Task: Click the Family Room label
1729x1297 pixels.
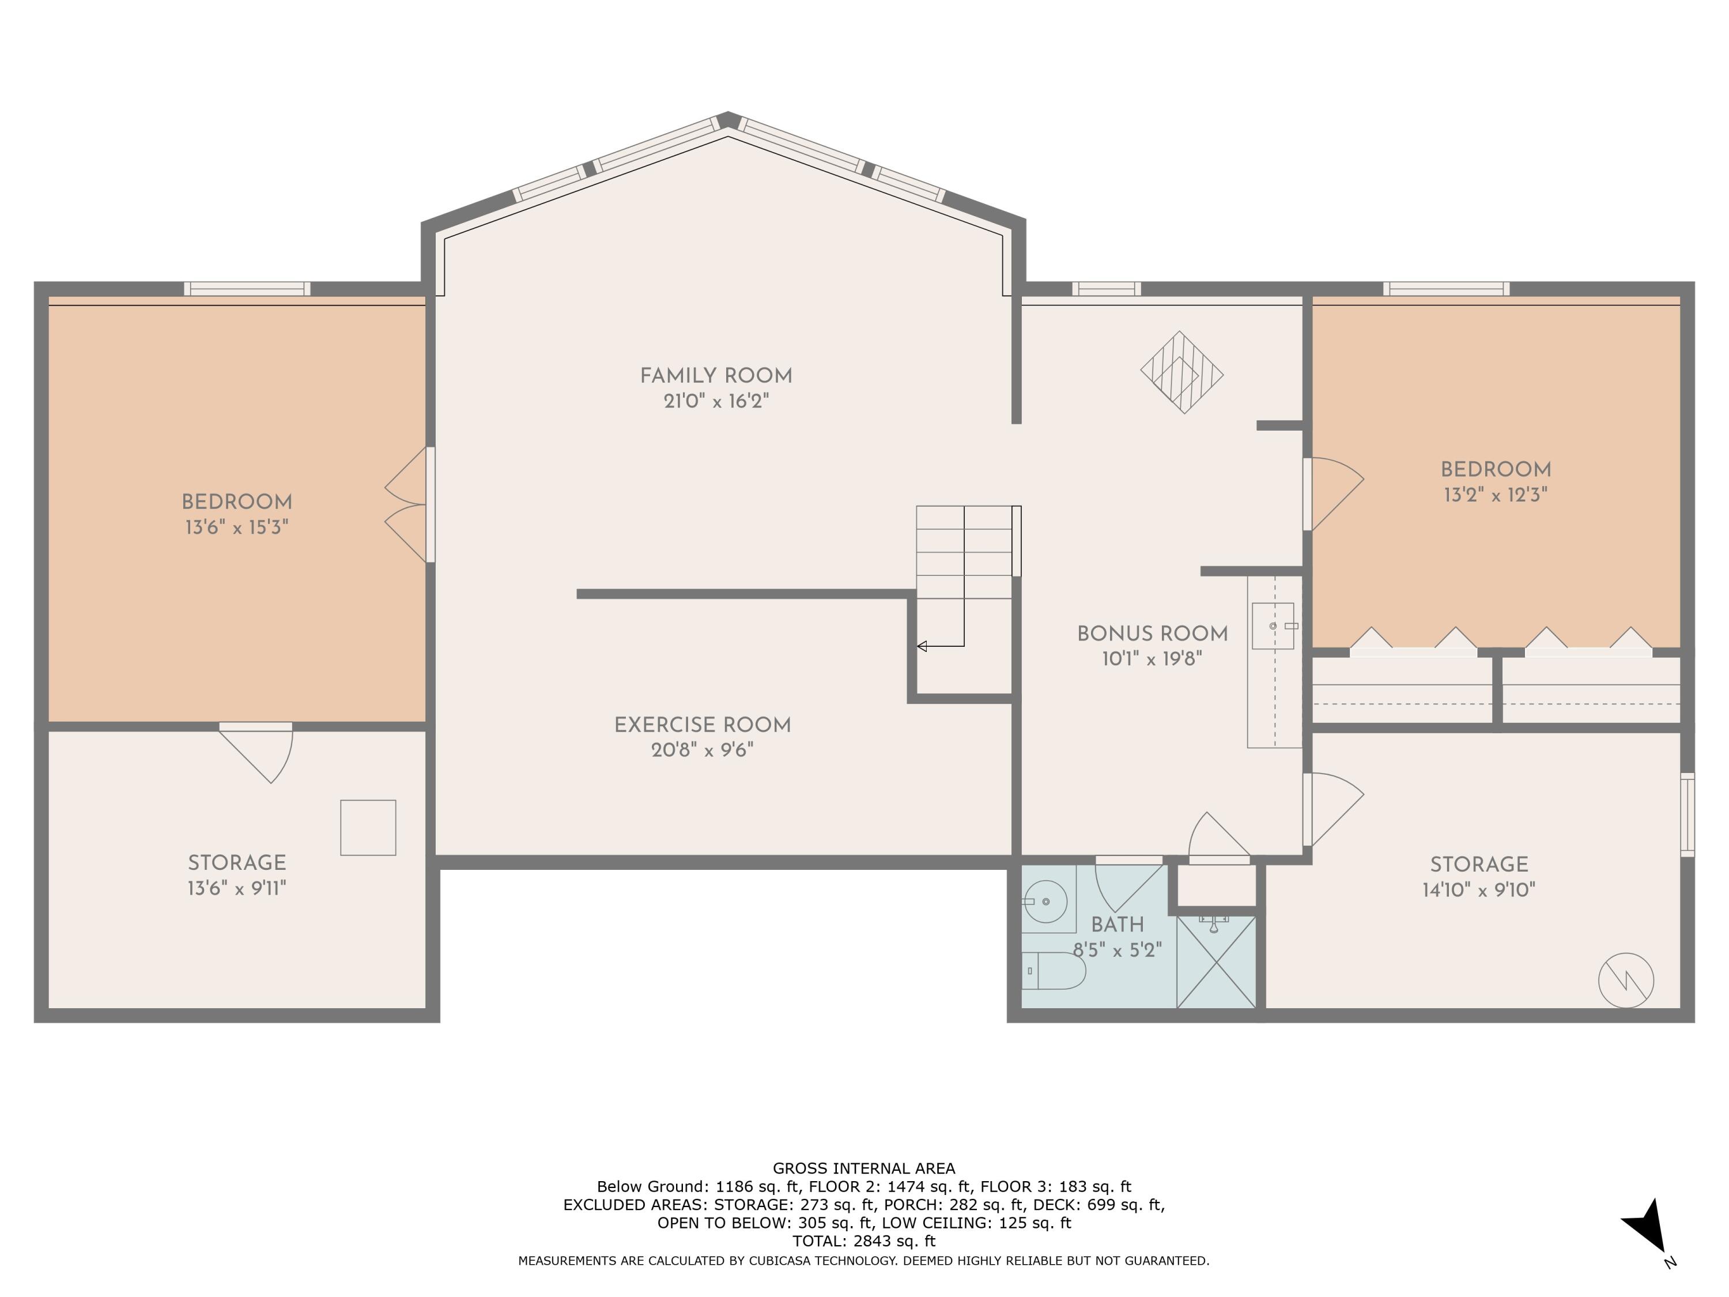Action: click(x=716, y=376)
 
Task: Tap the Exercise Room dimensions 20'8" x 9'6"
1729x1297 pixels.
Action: click(x=702, y=751)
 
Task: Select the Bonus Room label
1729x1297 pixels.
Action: click(x=1152, y=634)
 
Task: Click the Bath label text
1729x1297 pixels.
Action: click(x=1117, y=925)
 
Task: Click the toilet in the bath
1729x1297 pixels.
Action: click(x=1054, y=971)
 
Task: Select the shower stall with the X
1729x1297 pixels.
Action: click(x=1215, y=962)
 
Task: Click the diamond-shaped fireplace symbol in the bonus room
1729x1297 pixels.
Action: click(x=1182, y=372)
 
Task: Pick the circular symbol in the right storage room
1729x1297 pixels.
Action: click(x=1626, y=981)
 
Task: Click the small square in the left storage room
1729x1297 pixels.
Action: click(x=368, y=827)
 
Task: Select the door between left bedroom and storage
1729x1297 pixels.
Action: click(x=256, y=751)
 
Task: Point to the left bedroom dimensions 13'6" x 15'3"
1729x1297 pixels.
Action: click(x=237, y=527)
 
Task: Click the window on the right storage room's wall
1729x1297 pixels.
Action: click(x=1688, y=815)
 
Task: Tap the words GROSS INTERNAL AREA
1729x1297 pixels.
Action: click(x=864, y=1169)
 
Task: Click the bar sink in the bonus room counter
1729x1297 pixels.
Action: click(x=1273, y=626)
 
